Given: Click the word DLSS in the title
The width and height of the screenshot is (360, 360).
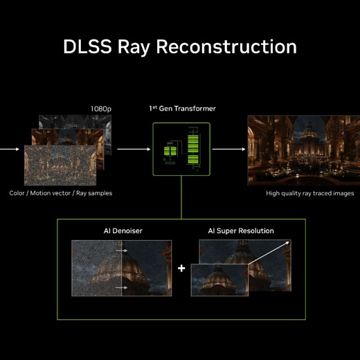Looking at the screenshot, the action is pyautogui.click(x=87, y=46).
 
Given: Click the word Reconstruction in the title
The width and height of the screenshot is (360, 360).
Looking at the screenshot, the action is pyautogui.click(x=226, y=46).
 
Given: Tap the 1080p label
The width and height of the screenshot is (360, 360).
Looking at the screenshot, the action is pyautogui.click(x=101, y=109).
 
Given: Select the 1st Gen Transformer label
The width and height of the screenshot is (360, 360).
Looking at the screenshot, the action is pyautogui.click(x=182, y=108).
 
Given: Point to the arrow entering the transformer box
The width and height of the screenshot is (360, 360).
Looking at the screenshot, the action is pyautogui.click(x=134, y=149).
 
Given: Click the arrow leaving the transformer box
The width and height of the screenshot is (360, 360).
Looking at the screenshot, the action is pyautogui.click(x=228, y=149).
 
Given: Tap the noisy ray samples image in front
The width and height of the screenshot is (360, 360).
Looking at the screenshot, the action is pyautogui.click(x=60, y=165).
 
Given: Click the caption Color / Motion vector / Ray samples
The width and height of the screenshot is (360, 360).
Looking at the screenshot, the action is pyautogui.click(x=61, y=193).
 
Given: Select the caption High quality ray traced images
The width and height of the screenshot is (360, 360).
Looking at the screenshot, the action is pyautogui.click(x=310, y=193).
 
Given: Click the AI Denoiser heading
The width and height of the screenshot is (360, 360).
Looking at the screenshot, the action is pyautogui.click(x=123, y=231).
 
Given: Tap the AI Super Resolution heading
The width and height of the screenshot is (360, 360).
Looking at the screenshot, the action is pyautogui.click(x=241, y=231).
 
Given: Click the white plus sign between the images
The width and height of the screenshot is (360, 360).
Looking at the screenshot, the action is pyautogui.click(x=181, y=268).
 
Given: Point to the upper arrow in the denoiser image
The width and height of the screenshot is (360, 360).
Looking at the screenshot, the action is pyautogui.click(x=121, y=251).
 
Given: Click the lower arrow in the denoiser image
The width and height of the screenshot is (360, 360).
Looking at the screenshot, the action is pyautogui.click(x=121, y=287).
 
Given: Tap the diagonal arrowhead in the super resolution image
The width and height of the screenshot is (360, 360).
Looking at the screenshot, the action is pyautogui.click(x=287, y=243).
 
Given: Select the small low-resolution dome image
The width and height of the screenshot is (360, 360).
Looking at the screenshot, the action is pyautogui.click(x=219, y=280).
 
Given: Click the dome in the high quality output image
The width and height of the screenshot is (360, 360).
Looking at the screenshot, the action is pyautogui.click(x=309, y=133).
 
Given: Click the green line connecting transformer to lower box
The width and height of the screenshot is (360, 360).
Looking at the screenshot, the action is pyautogui.click(x=181, y=197).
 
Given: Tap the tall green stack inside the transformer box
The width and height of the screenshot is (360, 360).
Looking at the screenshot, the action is pyautogui.click(x=193, y=149).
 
